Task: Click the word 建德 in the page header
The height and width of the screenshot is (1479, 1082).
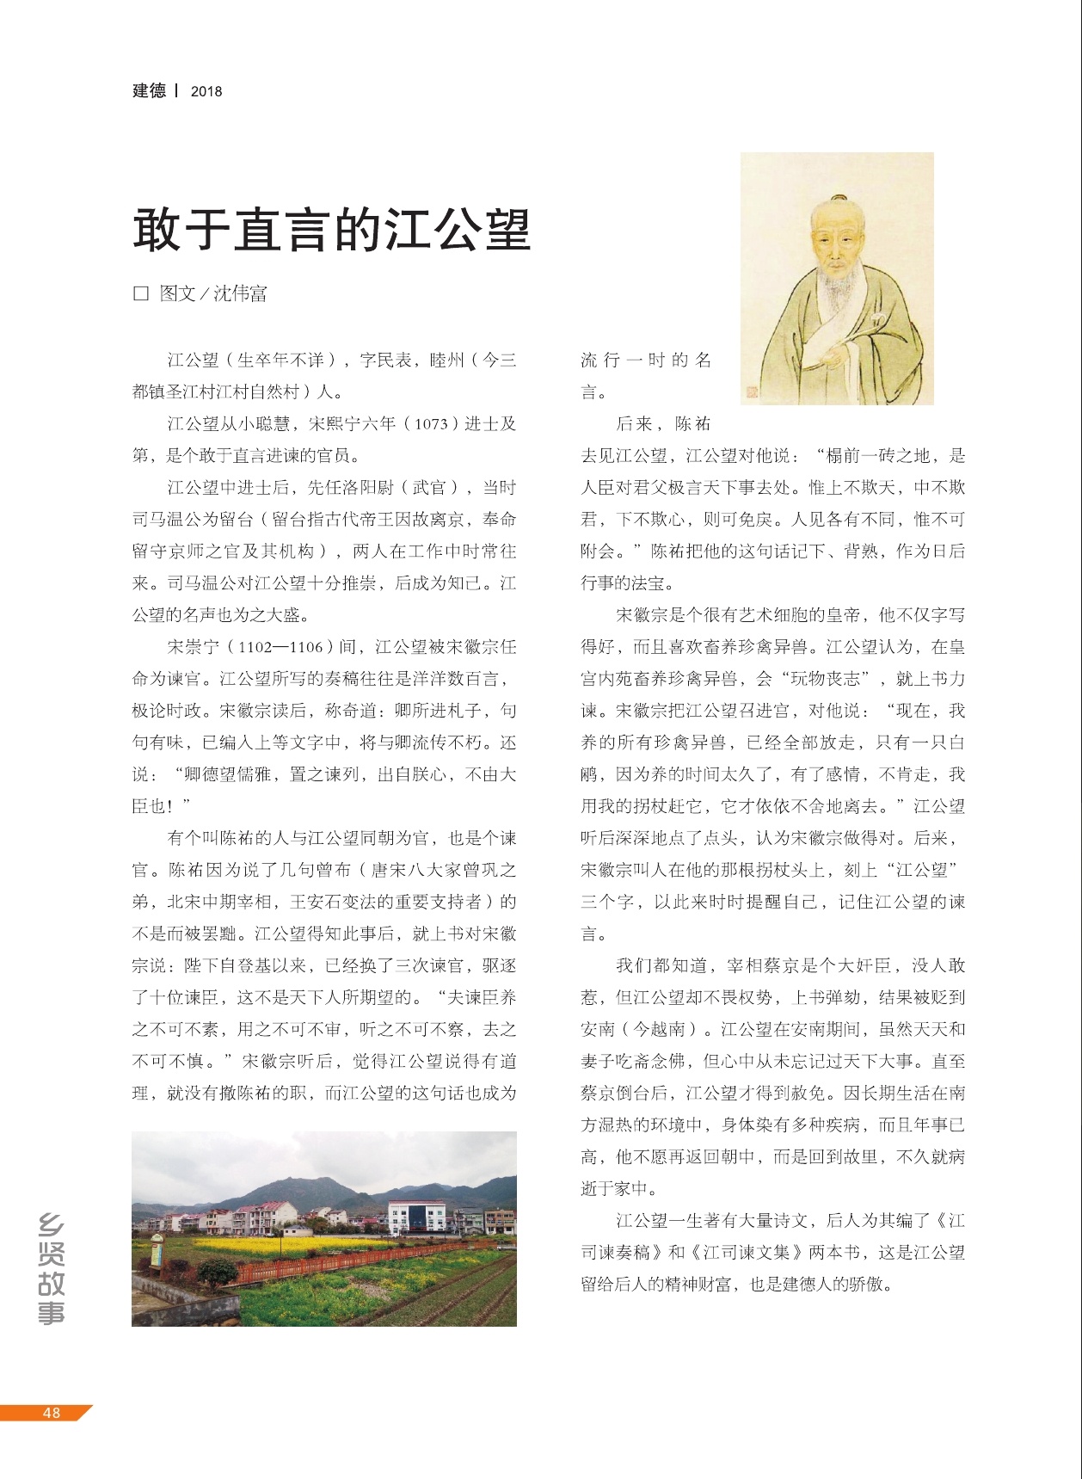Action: [x=149, y=90]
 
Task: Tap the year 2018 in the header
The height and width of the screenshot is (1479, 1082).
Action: [x=206, y=91]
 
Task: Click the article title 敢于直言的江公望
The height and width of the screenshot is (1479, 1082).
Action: [x=331, y=229]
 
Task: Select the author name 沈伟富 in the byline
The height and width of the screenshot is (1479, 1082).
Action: [x=240, y=293]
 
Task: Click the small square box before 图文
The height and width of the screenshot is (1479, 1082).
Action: [x=141, y=293]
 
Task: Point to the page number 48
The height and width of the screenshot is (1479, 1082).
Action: [x=52, y=1412]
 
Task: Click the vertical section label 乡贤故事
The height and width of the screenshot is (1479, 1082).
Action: [x=52, y=1268]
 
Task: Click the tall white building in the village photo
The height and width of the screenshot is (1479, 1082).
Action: [x=417, y=1222]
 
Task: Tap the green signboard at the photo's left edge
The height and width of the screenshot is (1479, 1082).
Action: [x=157, y=1252]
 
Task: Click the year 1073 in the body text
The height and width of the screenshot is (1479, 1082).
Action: [x=431, y=424]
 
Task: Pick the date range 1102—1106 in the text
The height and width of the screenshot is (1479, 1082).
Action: [x=280, y=647]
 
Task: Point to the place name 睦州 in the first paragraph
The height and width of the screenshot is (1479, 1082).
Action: [x=446, y=361]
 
